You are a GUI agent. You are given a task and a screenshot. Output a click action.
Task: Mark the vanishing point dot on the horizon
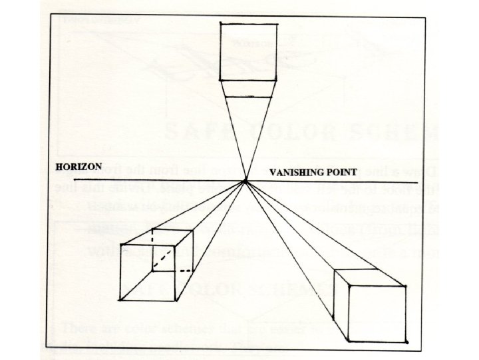pyautogui.click(x=245, y=181)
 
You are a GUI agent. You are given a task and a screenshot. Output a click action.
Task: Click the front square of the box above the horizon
pyautogui.click(x=248, y=51)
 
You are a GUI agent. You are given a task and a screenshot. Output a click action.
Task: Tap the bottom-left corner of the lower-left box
pyautogui.click(x=120, y=299)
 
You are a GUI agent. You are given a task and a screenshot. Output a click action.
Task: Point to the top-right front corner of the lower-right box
pyautogui.click(x=405, y=285)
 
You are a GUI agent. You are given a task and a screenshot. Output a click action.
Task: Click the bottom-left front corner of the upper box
pyautogui.click(x=222, y=80)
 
